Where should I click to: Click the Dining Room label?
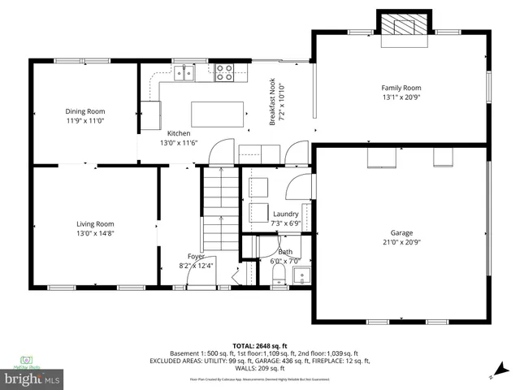pos(85,111)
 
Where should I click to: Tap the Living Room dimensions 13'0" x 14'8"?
pos(95,233)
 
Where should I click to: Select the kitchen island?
pos(218,114)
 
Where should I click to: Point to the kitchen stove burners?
pos(225,74)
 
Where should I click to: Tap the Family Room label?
pos(401,88)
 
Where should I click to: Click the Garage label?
pos(401,232)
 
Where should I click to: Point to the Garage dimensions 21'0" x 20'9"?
pos(401,241)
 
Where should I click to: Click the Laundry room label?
pos(285,214)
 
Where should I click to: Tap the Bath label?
pos(285,252)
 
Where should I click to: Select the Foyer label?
pos(196,256)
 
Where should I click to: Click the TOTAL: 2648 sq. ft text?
pos(260,344)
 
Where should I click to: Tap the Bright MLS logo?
pos(32,379)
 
